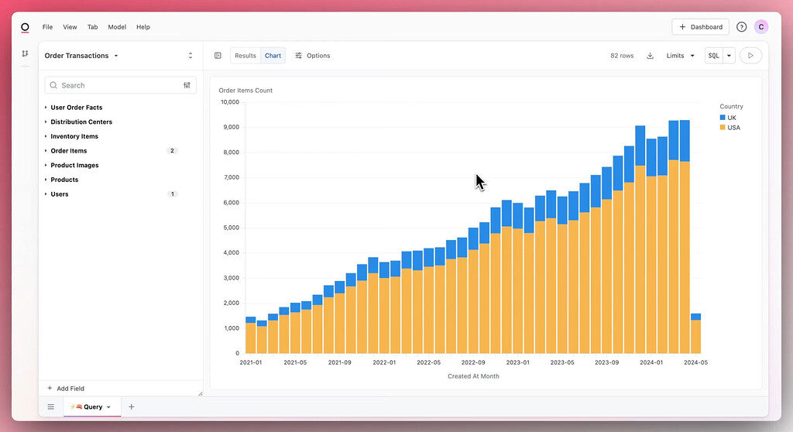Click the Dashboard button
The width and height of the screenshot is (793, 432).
click(700, 27)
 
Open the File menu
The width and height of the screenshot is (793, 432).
click(48, 27)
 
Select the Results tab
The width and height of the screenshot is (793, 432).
click(245, 56)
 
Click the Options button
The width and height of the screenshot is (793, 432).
click(313, 56)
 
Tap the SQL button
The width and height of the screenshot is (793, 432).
click(713, 56)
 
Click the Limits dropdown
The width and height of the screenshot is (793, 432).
click(681, 56)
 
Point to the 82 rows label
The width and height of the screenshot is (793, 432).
click(622, 56)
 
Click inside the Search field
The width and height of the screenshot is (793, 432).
click(116, 85)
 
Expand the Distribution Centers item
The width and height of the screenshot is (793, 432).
click(81, 122)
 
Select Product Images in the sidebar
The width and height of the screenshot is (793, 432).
click(74, 166)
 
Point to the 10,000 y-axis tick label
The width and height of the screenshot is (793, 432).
click(229, 102)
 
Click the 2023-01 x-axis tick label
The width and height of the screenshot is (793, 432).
click(517, 362)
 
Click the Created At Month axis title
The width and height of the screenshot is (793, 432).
click(473, 376)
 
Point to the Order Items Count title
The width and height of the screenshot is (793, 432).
click(245, 91)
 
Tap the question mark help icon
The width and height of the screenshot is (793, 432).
click(741, 27)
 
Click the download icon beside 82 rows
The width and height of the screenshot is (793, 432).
click(650, 56)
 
